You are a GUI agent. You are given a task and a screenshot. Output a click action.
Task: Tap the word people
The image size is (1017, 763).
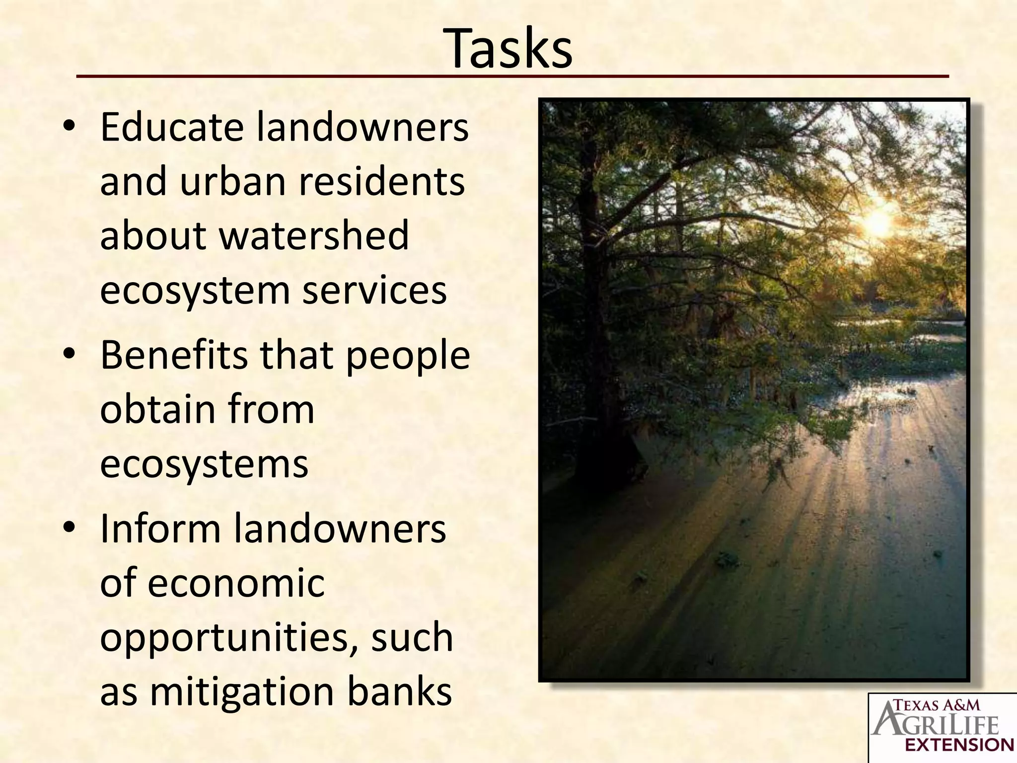click(408, 357)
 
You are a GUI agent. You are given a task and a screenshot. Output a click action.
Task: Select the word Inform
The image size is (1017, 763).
click(160, 529)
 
